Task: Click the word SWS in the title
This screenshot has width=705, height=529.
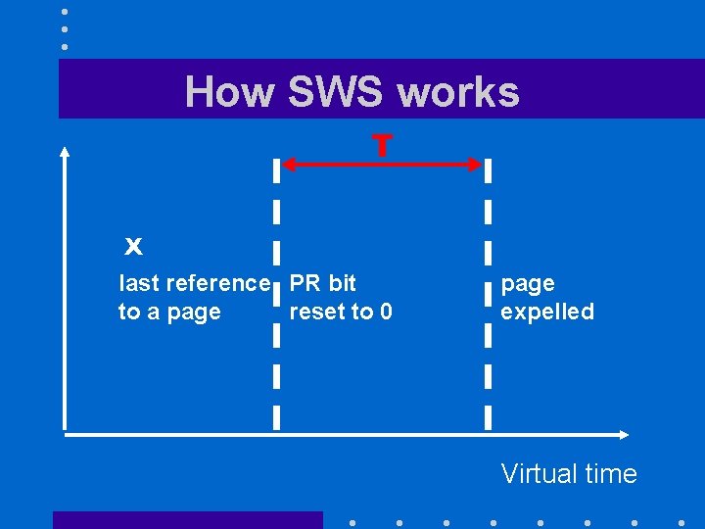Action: (337, 92)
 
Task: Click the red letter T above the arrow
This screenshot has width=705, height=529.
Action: (382, 146)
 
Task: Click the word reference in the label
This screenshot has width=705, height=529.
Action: (218, 283)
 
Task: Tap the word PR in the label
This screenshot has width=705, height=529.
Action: (305, 283)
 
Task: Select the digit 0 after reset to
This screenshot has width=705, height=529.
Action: (386, 313)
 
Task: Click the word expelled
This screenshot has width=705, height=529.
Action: (547, 313)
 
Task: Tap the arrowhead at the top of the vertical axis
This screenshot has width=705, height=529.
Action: (65, 151)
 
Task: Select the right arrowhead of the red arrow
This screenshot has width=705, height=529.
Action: (477, 165)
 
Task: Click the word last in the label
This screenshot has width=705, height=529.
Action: (139, 283)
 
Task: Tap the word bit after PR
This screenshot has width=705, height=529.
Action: (342, 283)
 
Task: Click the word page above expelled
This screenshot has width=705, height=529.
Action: (528, 284)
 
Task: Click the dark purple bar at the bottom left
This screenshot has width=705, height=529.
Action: (187, 520)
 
